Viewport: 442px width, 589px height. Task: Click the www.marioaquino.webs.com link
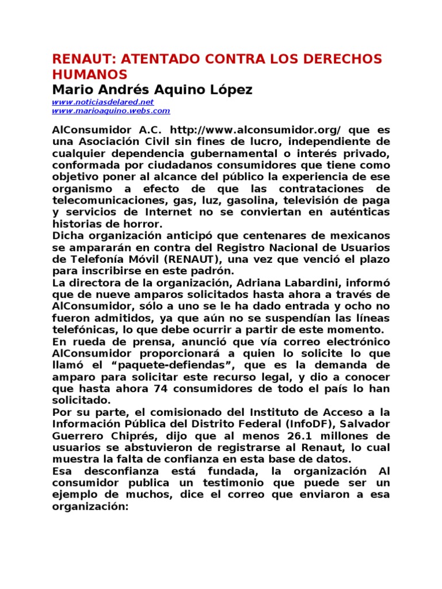tap(111, 110)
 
